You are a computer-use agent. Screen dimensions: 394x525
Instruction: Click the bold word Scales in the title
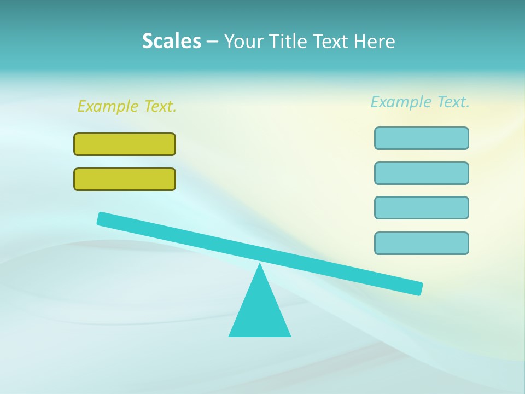171,41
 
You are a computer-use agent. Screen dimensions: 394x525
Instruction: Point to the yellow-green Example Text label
127,106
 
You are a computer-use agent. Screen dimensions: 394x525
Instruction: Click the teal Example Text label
420,102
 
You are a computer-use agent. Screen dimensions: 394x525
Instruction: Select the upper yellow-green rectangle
125,144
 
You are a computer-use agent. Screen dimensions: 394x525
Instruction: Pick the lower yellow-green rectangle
125,179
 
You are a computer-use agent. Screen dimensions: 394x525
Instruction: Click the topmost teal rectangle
422,138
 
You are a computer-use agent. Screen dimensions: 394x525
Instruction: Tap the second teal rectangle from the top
422,173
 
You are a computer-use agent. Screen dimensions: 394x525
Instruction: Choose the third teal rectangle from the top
422,207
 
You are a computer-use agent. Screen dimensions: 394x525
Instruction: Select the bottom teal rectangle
422,243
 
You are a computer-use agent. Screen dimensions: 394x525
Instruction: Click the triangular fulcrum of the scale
260,312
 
